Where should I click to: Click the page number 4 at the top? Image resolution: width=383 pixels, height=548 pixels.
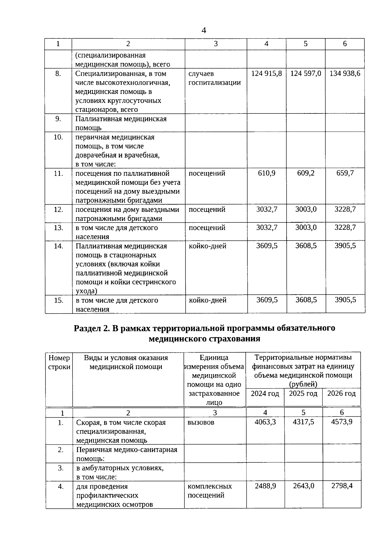click(204, 30)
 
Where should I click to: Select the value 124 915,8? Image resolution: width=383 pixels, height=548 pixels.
click(267, 73)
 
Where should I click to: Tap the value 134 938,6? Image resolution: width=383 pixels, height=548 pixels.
click(345, 73)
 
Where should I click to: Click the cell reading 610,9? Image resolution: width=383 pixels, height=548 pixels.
click(267, 173)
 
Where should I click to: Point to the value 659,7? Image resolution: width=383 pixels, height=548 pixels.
click(345, 173)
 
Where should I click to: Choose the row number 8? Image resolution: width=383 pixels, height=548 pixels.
click(58, 73)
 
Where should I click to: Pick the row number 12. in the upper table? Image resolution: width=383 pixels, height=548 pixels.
click(58, 210)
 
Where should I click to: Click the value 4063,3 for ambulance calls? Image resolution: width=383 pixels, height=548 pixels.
click(265, 422)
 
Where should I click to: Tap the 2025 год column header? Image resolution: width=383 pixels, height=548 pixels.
click(303, 393)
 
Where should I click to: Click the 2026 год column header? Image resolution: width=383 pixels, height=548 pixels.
click(342, 393)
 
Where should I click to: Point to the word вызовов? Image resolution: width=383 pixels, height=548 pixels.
click(201, 422)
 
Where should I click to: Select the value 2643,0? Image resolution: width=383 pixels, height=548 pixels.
click(304, 486)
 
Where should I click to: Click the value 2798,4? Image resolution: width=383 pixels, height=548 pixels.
click(342, 486)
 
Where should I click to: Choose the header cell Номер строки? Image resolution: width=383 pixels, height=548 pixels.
click(59, 362)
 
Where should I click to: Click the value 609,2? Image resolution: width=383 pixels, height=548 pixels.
click(306, 173)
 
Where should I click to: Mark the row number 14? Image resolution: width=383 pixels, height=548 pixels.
click(59, 246)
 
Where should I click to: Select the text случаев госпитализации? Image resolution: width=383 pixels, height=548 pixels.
click(214, 78)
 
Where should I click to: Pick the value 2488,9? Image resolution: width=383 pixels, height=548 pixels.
click(265, 486)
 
